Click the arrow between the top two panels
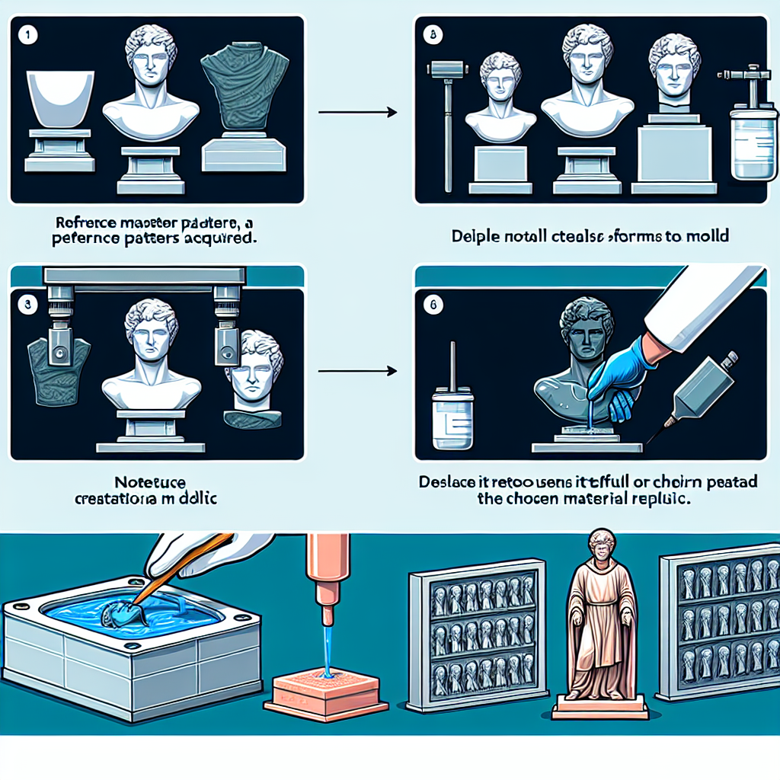357,113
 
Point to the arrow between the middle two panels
357,371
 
